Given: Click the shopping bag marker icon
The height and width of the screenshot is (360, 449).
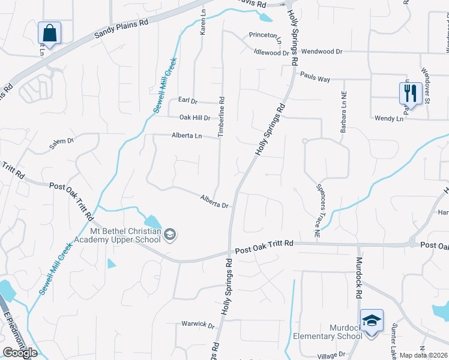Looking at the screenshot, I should point(49,34).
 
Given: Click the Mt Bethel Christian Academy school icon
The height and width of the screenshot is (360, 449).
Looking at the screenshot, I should point(170,234).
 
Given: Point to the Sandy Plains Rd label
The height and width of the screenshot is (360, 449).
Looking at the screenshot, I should point(121,29).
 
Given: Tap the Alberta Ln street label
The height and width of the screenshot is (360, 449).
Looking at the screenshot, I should point(186,136).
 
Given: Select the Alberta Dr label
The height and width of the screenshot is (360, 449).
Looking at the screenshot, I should point(214,201).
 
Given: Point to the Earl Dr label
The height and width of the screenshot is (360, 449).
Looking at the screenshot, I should point(188,101).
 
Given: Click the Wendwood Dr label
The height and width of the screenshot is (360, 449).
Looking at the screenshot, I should point(322,52).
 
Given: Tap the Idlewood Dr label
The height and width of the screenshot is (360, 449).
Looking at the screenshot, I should point(271,53).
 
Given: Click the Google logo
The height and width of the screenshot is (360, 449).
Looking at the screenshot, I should point(20,353).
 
